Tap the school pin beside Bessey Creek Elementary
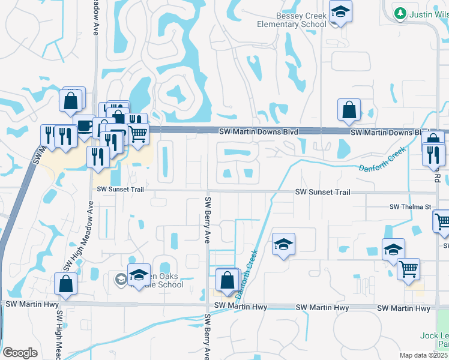pos(340,12)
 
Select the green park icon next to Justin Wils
pos(399,13)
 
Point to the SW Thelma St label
pos(411,207)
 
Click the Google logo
pos(20,353)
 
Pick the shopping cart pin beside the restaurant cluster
pos(138,134)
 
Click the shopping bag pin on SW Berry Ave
pos(228,281)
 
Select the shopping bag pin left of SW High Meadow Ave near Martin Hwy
pos(65,284)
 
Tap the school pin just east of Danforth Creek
pos(283,245)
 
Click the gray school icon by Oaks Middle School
pos(121,279)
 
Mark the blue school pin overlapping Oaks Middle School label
pos(139,275)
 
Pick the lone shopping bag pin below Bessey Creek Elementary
pos(349,110)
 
